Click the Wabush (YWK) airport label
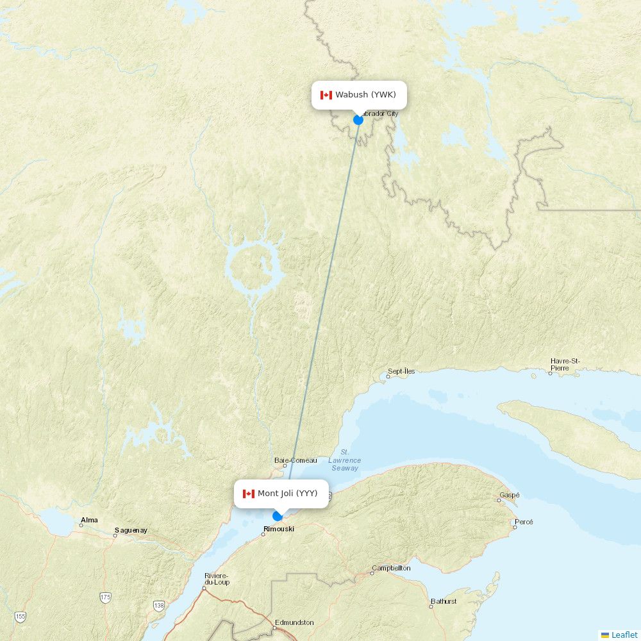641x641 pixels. [365, 95]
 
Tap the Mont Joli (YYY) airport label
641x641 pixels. [287, 494]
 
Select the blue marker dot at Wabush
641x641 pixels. [358, 120]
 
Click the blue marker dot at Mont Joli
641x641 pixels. [278, 516]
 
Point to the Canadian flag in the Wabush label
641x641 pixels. [326, 95]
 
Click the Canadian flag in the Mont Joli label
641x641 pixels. [249, 494]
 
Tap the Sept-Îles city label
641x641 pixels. [401, 371]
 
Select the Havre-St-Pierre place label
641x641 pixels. [565, 364]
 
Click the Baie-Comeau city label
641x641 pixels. [296, 460]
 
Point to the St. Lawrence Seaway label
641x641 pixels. [345, 460]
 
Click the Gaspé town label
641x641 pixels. [510, 495]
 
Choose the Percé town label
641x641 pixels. [524, 522]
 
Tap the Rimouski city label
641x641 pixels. [279, 529]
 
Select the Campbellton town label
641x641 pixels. [391, 568]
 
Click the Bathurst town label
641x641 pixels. [444, 601]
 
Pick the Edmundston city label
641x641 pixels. [294, 622]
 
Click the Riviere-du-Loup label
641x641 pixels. [217, 579]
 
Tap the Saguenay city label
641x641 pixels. [131, 530]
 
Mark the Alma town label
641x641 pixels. [90, 520]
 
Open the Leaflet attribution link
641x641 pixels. [624, 635]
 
